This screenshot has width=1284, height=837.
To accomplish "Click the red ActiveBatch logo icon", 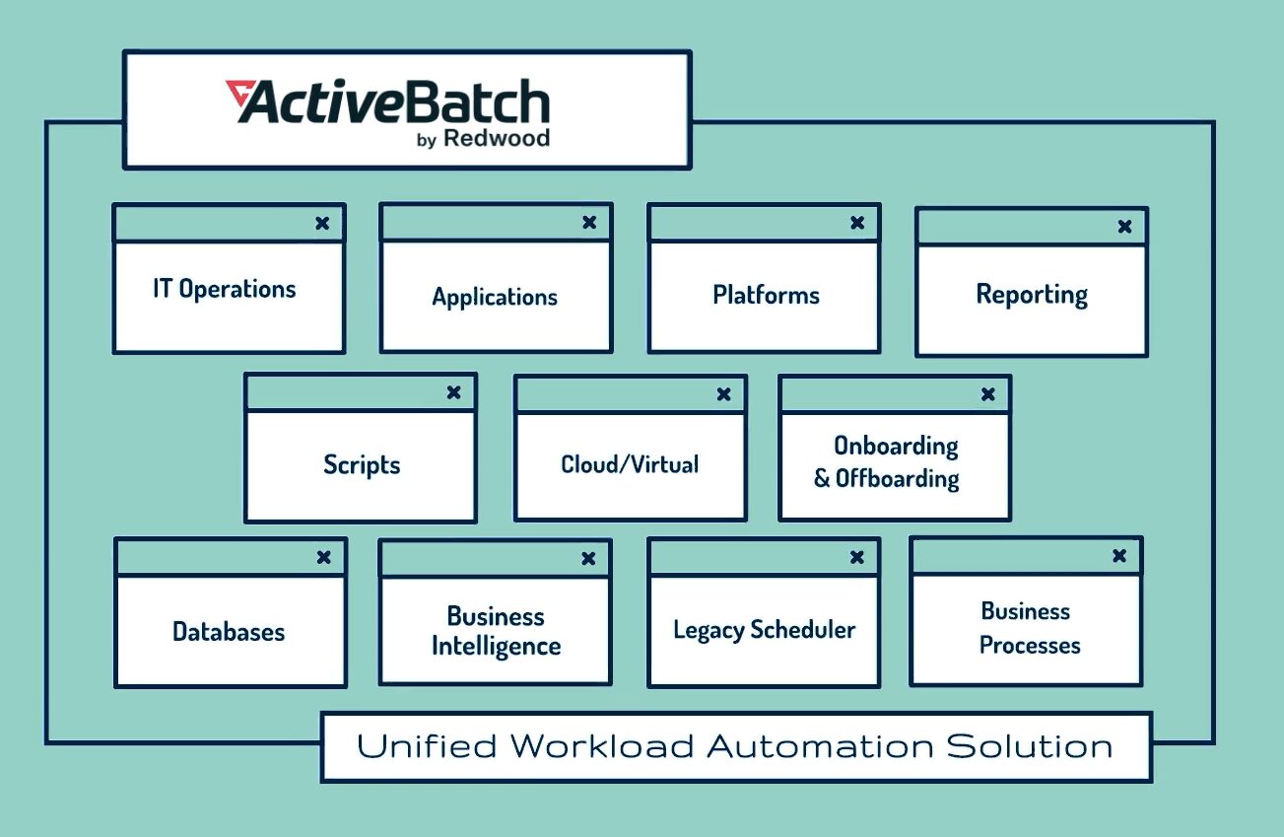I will pos(238,95).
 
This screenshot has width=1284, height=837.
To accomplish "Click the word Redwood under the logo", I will pos(497,138).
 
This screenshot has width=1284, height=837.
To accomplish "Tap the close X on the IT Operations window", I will pos(322,224).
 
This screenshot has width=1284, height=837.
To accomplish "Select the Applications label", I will pos(495,297).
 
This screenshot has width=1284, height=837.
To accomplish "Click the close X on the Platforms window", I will pos(857,224).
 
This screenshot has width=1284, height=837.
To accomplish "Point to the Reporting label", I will pos(1032,295).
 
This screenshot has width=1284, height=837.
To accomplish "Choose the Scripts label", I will pos(362,464).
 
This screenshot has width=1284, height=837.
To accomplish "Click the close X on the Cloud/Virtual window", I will pos(724,394).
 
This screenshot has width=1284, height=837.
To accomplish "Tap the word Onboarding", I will pos(896,446).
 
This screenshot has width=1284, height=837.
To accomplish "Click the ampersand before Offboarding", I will pos(822,480).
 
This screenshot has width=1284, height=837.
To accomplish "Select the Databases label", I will pos(229,632).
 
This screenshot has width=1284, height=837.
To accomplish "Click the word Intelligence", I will pos(496,647).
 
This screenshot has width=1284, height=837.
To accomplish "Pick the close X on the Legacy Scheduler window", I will pos(857,558).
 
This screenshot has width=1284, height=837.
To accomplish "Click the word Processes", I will pos(1030,646).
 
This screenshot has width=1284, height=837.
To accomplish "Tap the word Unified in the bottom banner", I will pos(427,746).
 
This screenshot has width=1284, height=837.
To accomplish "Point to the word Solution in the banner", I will pos(1030,746).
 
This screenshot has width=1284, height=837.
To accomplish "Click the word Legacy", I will pos(708,630).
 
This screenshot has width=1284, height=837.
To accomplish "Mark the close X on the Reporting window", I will pos(1124,227).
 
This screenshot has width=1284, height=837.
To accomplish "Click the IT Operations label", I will pos(225,289).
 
